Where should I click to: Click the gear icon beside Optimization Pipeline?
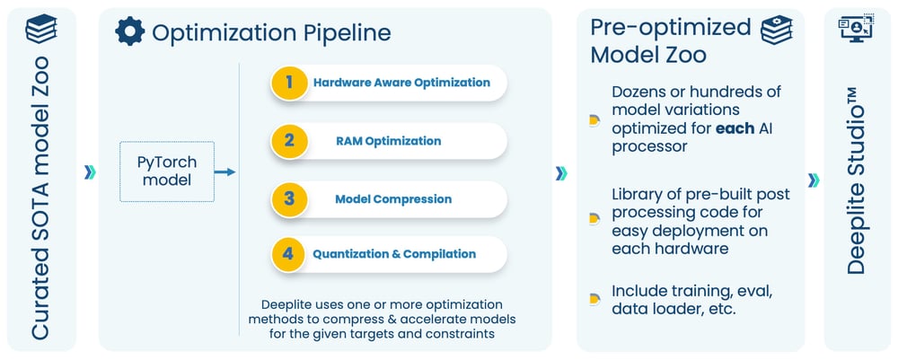tap(130, 32)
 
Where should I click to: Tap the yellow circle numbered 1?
tap(288, 83)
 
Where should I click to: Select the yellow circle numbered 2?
tap(288, 141)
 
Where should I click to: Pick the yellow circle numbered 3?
tap(288, 198)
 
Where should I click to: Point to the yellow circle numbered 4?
tap(288, 254)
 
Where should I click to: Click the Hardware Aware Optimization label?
tap(401, 83)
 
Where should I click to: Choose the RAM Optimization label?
tap(388, 141)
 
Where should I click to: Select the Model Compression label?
tap(392, 198)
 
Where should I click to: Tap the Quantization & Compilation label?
tap(394, 254)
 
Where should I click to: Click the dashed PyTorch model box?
tap(167, 171)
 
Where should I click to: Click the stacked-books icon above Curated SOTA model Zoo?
tap(40, 31)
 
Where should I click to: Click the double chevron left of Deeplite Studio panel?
tap(813, 180)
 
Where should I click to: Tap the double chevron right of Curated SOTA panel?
tap(89, 172)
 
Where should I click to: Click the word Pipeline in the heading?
tap(347, 33)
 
